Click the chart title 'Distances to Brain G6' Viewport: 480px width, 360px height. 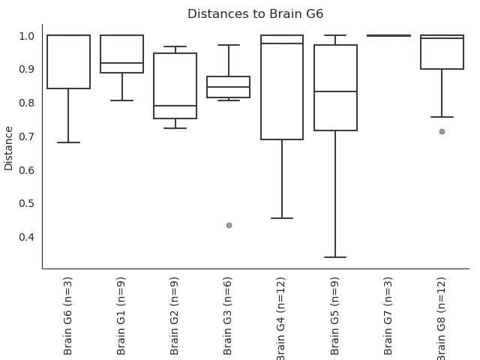(255, 14)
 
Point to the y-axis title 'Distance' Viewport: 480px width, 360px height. (8, 148)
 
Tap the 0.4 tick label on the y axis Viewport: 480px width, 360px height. (26, 237)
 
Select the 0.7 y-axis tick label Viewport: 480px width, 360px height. (26, 136)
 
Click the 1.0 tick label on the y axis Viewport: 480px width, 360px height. (26, 36)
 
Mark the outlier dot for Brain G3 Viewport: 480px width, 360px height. (229, 226)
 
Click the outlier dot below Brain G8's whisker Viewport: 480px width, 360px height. (442, 132)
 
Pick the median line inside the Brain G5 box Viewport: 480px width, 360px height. (335, 91)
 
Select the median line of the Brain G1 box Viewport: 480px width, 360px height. (121, 63)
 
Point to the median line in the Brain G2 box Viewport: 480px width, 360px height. (175, 106)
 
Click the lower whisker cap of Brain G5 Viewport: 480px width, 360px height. (335, 257)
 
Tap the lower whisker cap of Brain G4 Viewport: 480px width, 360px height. (282, 218)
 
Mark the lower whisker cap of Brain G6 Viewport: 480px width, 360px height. (68, 142)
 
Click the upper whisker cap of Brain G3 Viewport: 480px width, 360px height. (229, 45)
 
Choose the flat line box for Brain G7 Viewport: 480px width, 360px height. (388, 35)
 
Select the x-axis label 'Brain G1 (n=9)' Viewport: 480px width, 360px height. (121, 316)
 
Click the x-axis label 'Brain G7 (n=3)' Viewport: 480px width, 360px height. (388, 316)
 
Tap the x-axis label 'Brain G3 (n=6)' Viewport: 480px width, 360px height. (227, 316)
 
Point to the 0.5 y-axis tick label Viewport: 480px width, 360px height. (26, 203)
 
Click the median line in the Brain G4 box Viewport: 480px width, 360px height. (282, 43)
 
